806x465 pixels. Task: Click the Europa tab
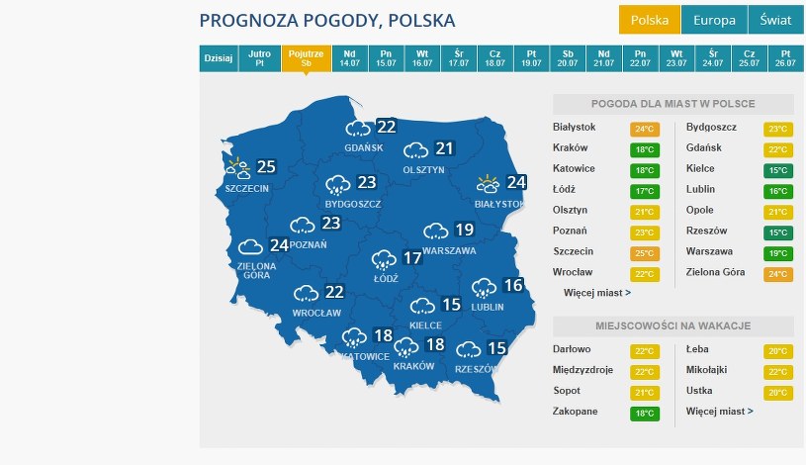(x=714, y=20)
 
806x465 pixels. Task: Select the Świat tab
(x=775, y=20)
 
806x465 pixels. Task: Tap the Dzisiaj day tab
(x=219, y=58)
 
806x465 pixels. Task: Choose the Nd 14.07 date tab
(x=349, y=58)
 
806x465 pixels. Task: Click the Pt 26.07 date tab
(x=786, y=58)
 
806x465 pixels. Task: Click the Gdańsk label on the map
(x=364, y=147)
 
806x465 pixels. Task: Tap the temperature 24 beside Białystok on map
(x=516, y=182)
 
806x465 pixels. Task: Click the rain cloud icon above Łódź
(x=384, y=260)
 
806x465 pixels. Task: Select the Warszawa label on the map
(x=449, y=251)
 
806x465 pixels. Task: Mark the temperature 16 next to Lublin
(x=512, y=286)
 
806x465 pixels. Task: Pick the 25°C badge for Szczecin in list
(x=644, y=252)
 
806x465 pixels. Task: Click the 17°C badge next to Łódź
(x=644, y=190)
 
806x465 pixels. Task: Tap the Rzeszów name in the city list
(x=706, y=231)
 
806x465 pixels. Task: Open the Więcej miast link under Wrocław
(x=596, y=293)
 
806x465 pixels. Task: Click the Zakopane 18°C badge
(x=644, y=413)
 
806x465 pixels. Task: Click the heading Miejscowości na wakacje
(x=673, y=325)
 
